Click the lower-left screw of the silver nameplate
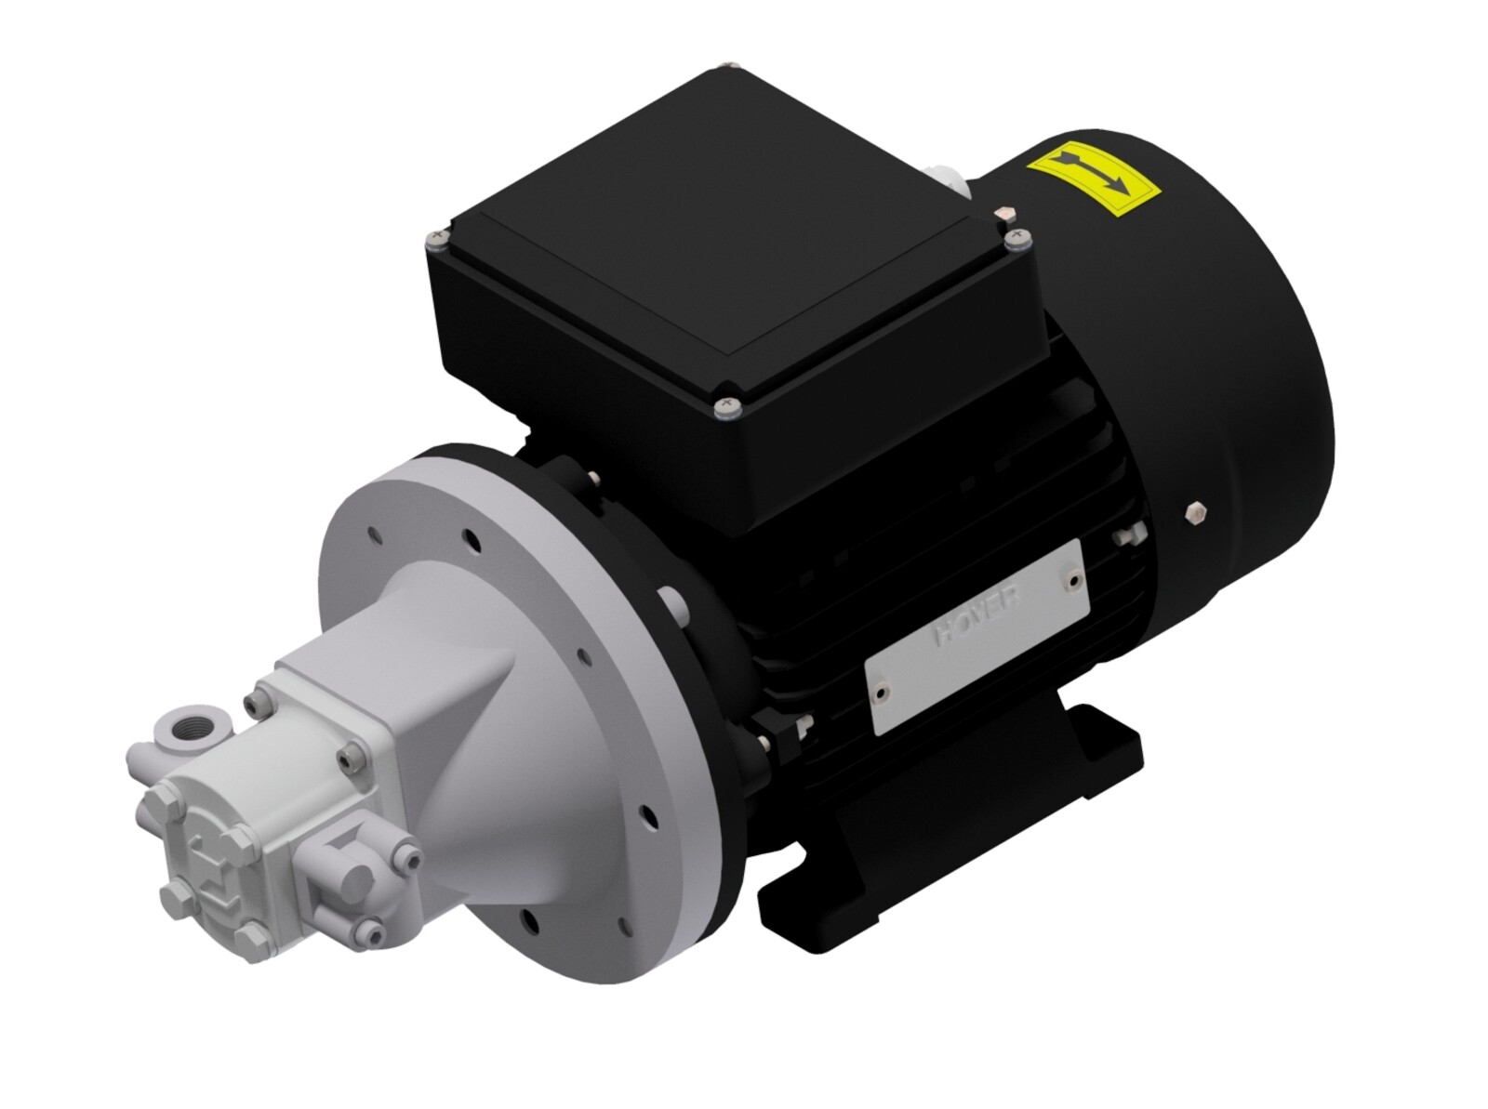click(x=880, y=692)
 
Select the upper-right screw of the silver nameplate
click(x=1074, y=579)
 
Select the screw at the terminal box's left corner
click(x=436, y=240)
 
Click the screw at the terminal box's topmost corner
click(x=728, y=67)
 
